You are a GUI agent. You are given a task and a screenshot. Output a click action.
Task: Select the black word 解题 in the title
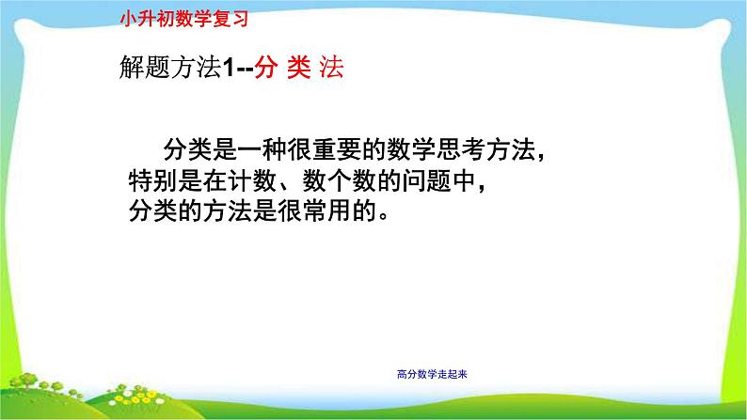[144, 67]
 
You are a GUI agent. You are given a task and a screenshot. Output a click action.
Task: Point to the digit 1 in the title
[229, 67]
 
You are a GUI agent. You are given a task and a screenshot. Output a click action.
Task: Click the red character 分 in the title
[266, 67]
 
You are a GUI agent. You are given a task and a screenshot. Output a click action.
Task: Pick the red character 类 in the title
[298, 67]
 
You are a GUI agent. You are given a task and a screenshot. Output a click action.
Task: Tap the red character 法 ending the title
[331, 67]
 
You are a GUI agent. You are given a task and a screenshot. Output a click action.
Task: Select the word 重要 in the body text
[337, 149]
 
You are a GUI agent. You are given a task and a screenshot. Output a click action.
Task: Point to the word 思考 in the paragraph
[460, 149]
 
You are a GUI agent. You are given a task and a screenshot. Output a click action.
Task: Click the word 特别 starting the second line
[153, 180]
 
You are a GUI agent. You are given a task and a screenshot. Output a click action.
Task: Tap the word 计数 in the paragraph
[252, 180]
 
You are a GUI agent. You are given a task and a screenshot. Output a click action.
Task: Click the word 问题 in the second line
[426, 180]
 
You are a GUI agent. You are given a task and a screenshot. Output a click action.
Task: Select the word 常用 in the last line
[326, 210]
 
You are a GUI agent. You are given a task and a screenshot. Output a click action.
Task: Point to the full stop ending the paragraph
[384, 216]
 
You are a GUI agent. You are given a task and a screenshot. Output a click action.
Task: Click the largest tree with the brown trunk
[24, 381]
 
